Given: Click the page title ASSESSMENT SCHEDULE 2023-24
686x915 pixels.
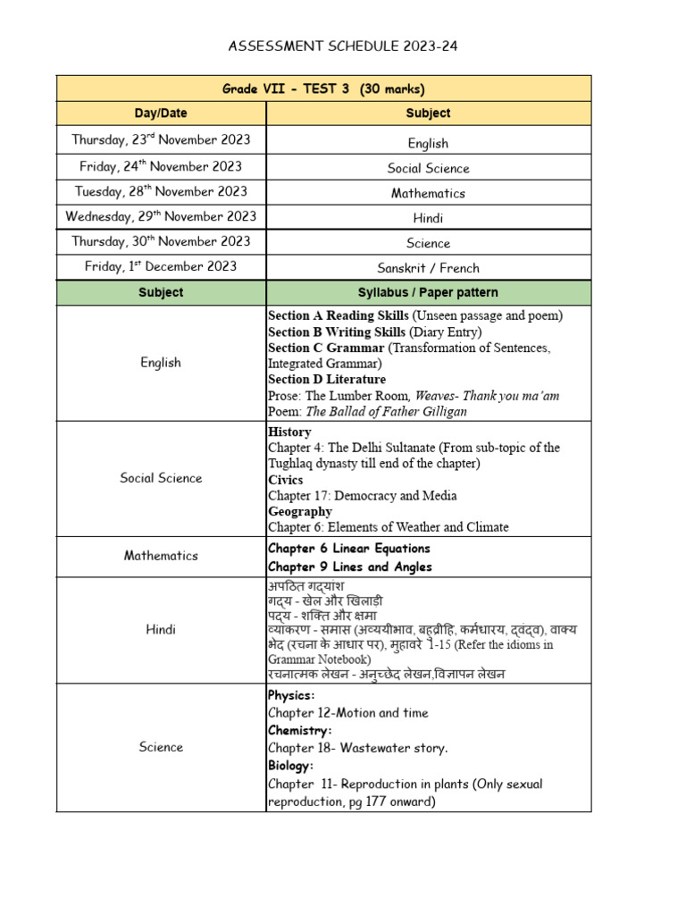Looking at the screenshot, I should pyautogui.click(x=343, y=46).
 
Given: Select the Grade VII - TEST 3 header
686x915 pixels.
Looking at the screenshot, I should pyautogui.click(x=323, y=88).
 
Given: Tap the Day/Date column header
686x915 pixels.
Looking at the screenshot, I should pyautogui.click(x=161, y=113).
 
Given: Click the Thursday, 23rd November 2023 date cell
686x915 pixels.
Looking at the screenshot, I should pyautogui.click(x=161, y=139).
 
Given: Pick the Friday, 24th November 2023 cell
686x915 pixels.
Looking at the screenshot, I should pyautogui.click(x=161, y=166).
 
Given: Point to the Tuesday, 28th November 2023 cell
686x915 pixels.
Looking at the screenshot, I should pyautogui.click(x=161, y=191).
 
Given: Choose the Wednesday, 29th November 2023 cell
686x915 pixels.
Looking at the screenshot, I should pyautogui.click(x=161, y=216).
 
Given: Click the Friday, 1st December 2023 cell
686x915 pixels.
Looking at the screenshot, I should pyautogui.click(x=161, y=266).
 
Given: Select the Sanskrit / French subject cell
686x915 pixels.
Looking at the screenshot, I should pyautogui.click(x=428, y=268).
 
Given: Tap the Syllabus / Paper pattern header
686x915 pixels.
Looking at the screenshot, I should pyautogui.click(x=428, y=292).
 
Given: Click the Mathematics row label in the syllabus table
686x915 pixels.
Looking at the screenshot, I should pyautogui.click(x=161, y=556).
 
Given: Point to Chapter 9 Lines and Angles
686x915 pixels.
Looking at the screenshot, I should pyautogui.click(x=349, y=567).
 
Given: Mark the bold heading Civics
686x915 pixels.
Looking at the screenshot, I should pyautogui.click(x=285, y=480).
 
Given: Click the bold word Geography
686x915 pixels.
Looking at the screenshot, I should pyautogui.click(x=300, y=512).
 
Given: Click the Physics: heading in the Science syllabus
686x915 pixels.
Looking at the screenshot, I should pyautogui.click(x=291, y=695).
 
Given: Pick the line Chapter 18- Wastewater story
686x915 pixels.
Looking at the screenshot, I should pyautogui.click(x=357, y=748).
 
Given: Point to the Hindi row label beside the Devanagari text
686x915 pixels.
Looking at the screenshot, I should pyautogui.click(x=161, y=629).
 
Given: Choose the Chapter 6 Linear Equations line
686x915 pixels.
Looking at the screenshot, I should pyautogui.click(x=348, y=549).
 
